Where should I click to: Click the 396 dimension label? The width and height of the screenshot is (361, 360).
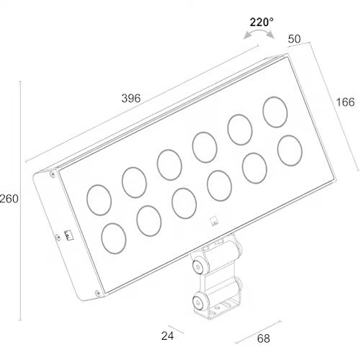tap(131, 99)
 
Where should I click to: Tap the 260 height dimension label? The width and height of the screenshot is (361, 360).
tap(9, 199)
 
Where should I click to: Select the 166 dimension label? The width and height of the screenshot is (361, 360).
tap(345, 102)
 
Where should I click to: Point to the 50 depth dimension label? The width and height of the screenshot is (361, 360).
tap(294, 39)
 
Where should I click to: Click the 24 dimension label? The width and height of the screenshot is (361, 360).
tap(167, 336)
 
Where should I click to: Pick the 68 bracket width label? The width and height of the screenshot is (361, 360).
tap(264, 338)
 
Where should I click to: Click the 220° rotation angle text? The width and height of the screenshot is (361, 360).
tap(262, 22)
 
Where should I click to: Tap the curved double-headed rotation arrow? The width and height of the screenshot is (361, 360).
tap(259, 32)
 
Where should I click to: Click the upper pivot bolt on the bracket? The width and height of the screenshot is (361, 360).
tap(198, 267)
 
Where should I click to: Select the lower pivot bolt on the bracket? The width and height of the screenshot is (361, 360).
tap(198, 302)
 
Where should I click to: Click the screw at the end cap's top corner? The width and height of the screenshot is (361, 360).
tap(52, 174)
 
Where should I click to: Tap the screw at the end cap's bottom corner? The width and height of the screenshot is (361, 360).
tap(97, 293)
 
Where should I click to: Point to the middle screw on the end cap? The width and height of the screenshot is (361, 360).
tap(58, 238)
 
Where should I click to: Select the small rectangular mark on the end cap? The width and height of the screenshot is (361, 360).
tap(68, 235)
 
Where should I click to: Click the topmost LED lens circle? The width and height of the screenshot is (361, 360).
tap(275, 112)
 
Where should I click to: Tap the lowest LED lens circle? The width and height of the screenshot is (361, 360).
tap(114, 238)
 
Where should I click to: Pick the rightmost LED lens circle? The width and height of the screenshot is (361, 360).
tap(290, 150)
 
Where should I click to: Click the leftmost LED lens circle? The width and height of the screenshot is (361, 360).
tap(99, 200)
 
